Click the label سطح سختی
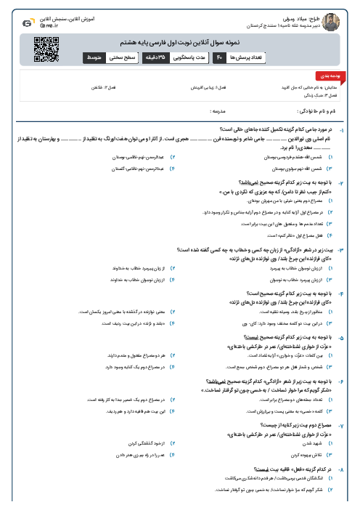pos(121,56)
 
